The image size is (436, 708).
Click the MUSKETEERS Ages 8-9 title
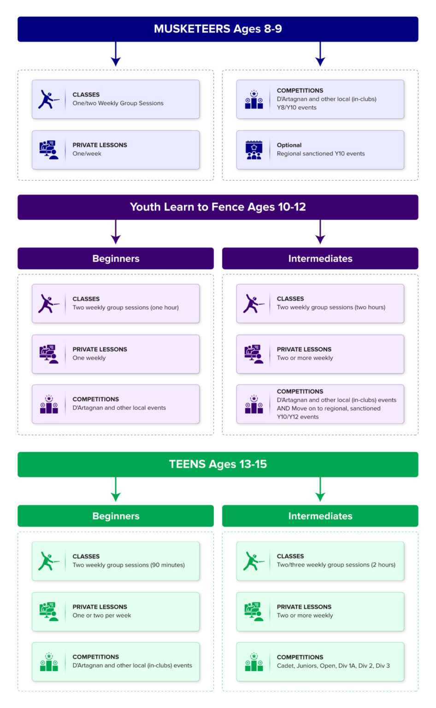coord(218,29)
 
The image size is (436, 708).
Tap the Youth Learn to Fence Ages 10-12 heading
coord(218,207)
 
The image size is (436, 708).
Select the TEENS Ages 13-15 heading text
coord(218,464)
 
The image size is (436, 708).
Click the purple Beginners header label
coord(116,259)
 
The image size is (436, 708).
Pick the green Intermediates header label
coord(320,516)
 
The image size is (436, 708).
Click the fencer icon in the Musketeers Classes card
coord(49,99)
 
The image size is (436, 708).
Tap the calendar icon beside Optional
coord(253,150)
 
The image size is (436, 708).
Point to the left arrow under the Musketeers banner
coord(116,54)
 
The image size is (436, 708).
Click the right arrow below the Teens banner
coord(320,489)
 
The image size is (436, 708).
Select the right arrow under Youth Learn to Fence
coord(320,232)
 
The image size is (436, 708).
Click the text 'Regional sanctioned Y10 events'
coord(321,153)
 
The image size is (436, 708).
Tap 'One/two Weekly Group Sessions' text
coord(118,103)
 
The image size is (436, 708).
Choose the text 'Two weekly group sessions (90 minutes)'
coord(129,565)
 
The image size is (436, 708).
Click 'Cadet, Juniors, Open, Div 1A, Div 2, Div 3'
coord(333,666)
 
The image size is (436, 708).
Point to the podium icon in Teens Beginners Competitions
coord(49,661)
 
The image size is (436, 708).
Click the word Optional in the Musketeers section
coord(289,145)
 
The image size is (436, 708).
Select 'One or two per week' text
coord(102,615)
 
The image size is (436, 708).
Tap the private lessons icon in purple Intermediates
coord(253,354)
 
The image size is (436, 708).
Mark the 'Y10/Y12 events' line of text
coord(298,417)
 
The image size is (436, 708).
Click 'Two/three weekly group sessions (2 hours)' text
coord(336,565)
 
